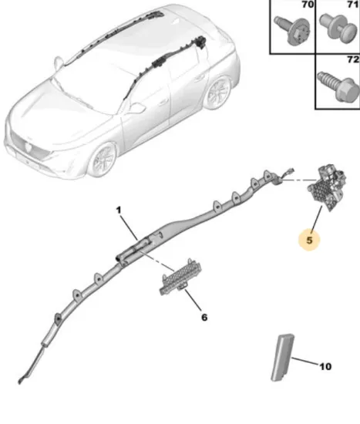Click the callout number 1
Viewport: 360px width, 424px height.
119,210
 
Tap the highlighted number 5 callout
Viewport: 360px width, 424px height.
309,241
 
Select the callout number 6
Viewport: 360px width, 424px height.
204,317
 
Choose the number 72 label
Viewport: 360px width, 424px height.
353,59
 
